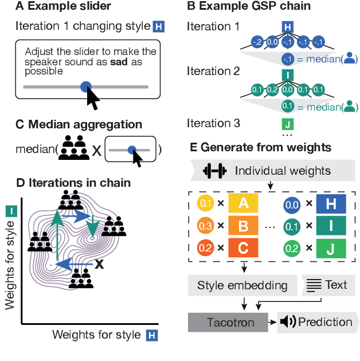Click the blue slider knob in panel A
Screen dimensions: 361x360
(85, 87)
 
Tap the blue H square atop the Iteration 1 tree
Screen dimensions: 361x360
(289, 27)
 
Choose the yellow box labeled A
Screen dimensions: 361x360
(242, 203)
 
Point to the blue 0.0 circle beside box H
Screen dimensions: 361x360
(292, 203)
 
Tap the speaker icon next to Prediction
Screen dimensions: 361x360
(288, 322)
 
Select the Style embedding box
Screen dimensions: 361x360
(242, 285)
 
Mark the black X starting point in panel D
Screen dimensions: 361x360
(99, 264)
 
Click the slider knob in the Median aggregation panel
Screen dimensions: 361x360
(132, 150)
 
